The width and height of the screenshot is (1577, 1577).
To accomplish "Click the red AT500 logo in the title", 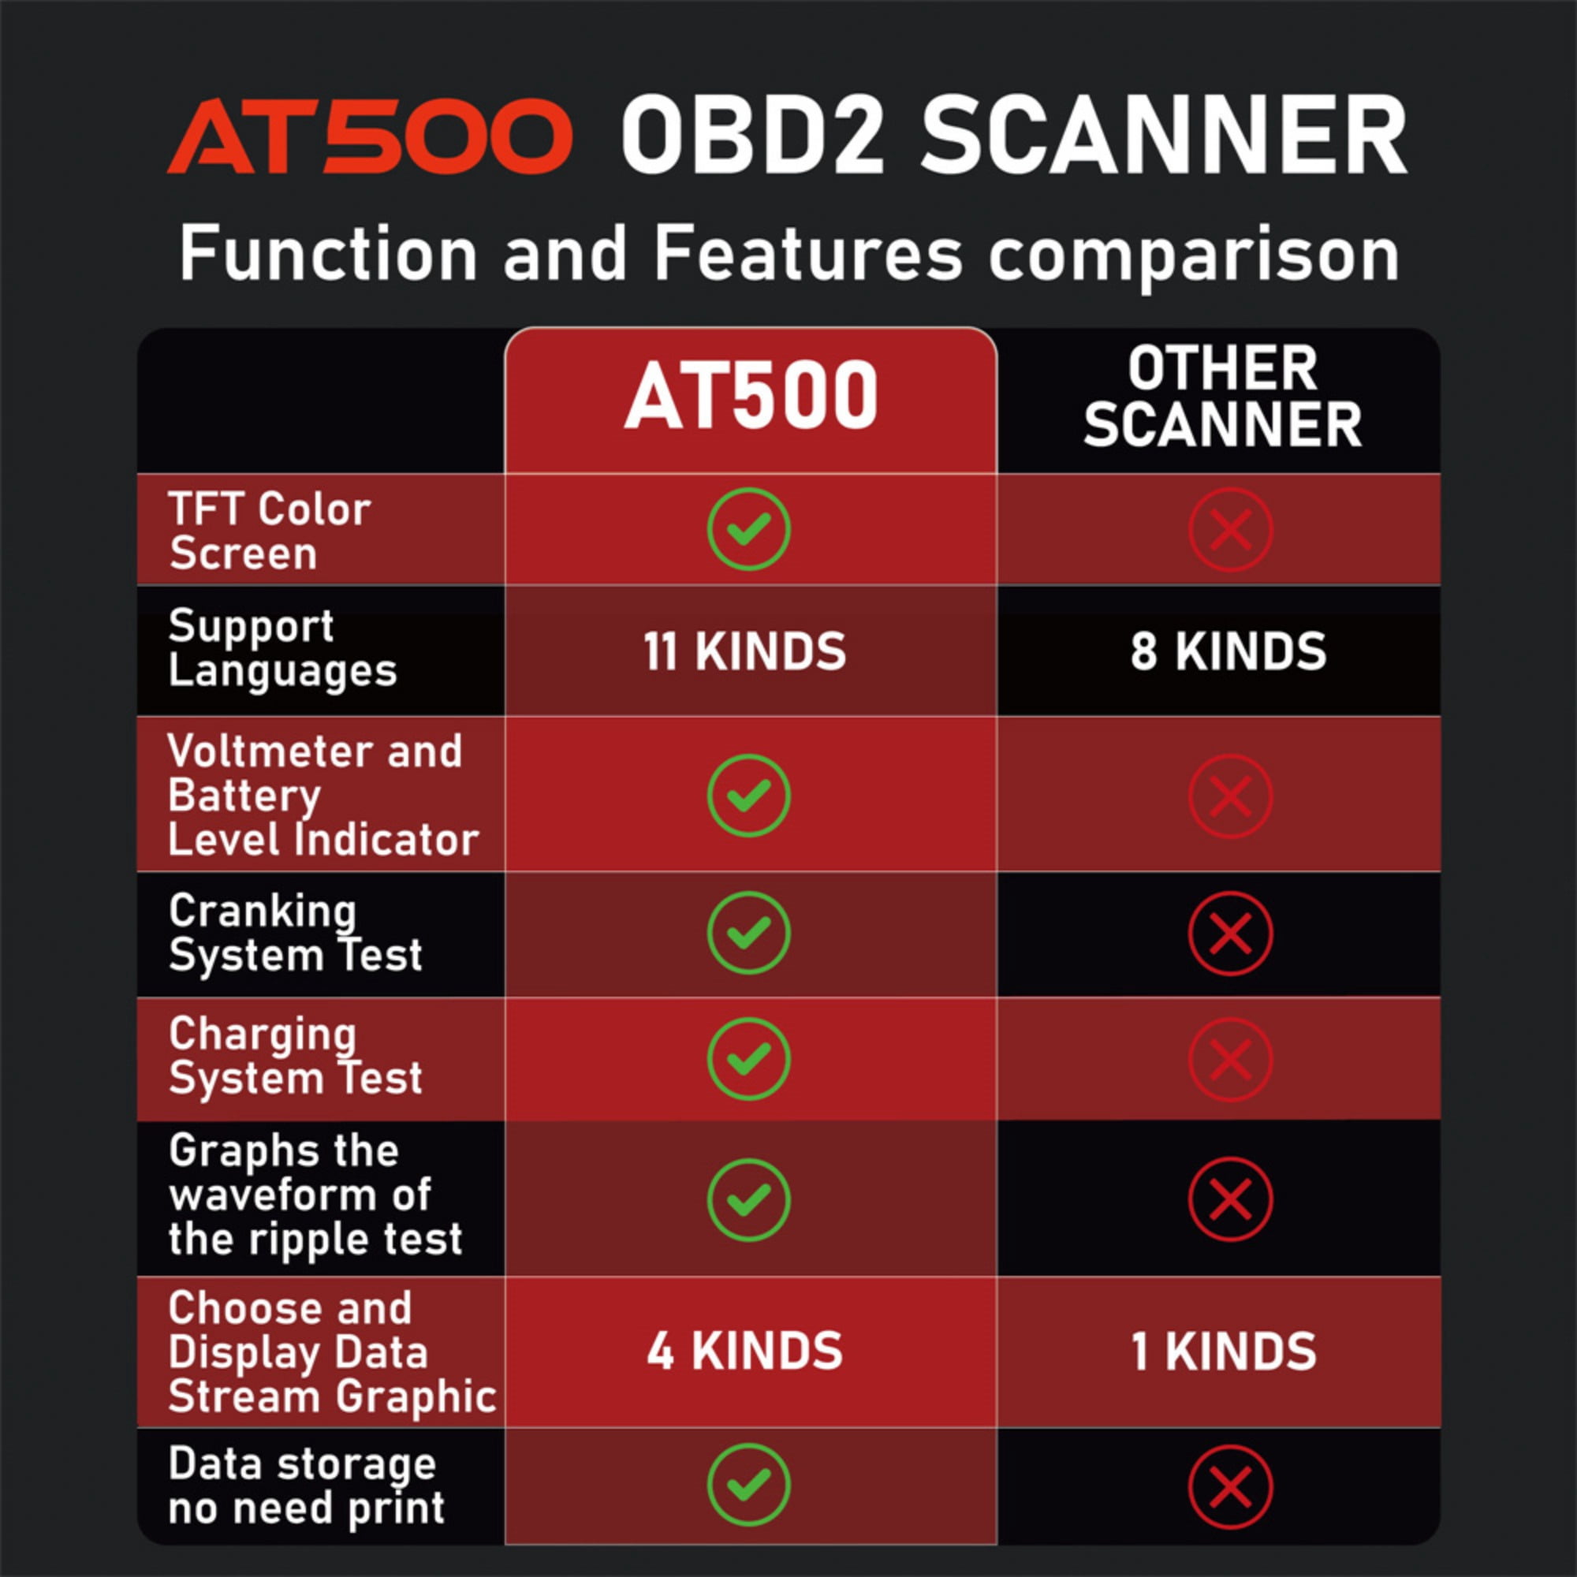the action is click(369, 136).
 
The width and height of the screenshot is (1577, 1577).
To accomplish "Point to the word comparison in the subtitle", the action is click(1193, 256).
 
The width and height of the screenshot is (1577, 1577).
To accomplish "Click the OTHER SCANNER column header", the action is click(1222, 397).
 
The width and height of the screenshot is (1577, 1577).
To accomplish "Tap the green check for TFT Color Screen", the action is click(748, 529).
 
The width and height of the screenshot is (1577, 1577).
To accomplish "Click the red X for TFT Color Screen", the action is click(1230, 529).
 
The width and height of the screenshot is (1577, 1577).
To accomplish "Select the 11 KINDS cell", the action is click(744, 651).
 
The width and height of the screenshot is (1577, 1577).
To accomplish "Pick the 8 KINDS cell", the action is click(1228, 651).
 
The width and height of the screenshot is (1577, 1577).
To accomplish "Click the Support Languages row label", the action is click(282, 650).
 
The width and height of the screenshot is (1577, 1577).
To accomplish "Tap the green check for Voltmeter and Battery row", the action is click(748, 796).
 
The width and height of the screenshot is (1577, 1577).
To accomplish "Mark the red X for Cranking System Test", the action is click(1230, 933).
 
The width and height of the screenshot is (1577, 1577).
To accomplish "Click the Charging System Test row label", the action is click(296, 1057).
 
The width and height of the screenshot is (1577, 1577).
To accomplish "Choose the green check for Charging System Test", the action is click(748, 1060).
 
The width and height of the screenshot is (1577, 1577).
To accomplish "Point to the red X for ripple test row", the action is click(1230, 1199).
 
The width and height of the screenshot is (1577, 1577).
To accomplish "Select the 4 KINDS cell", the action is click(744, 1351).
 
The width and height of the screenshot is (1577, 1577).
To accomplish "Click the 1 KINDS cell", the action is click(1224, 1351).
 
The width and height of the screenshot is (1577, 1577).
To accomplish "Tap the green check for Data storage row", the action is click(748, 1485).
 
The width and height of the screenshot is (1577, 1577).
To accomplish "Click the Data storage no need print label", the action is click(306, 1485).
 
